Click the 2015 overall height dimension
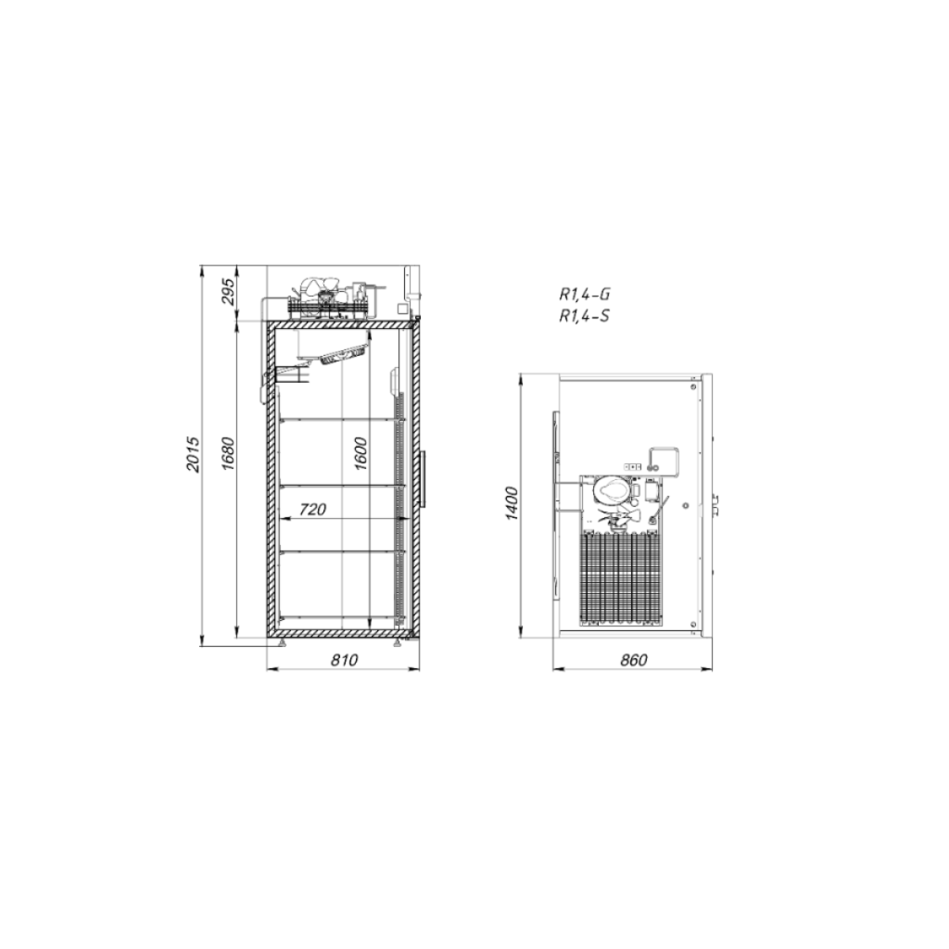point(193,453)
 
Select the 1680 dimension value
point(227,453)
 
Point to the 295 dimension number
point(227,292)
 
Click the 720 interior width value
point(312,510)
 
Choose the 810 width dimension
point(344,659)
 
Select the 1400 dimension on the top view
point(512,503)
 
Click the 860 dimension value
point(633,659)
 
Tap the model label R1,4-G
point(584,295)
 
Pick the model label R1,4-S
point(584,316)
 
